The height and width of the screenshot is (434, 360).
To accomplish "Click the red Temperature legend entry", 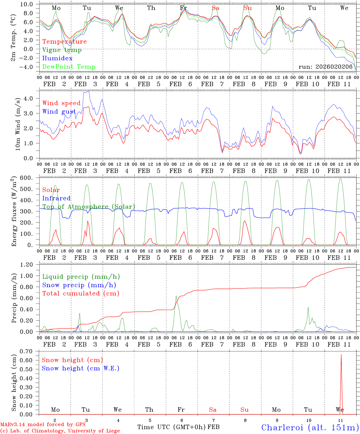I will click(64, 42).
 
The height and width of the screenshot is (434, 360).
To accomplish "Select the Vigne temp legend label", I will click(62, 50).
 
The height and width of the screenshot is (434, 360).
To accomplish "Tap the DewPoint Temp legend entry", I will click(69, 67).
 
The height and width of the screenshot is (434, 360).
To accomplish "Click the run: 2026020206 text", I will click(325, 67).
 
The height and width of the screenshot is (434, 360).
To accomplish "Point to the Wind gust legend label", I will click(59, 112).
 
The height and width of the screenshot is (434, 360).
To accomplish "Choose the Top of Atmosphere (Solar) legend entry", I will click(88, 207).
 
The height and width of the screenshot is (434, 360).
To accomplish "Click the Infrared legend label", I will click(56, 198).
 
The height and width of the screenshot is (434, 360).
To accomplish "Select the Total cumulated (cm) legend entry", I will click(81, 293).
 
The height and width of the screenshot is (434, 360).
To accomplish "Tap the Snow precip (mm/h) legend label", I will click(79, 285).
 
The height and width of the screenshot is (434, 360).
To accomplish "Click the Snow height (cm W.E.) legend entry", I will click(80, 368).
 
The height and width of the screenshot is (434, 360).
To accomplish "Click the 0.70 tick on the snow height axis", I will click(29, 351).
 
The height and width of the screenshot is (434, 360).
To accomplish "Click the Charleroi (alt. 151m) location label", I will click(310, 427).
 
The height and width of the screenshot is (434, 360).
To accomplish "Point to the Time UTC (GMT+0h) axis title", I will click(172, 427).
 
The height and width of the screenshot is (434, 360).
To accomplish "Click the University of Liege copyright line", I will click(60, 431).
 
